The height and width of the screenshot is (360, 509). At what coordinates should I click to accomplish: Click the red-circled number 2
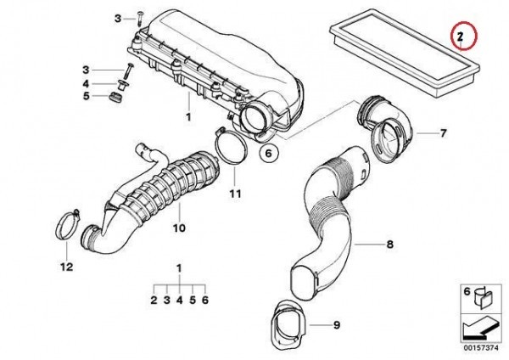click(x=460, y=37)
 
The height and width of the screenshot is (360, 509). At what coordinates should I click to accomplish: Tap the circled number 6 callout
click(x=268, y=153)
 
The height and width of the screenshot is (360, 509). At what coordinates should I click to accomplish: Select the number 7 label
click(x=443, y=133)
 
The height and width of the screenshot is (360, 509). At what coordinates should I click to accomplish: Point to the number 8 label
click(x=389, y=244)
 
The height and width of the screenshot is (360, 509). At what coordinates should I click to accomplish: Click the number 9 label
click(x=337, y=324)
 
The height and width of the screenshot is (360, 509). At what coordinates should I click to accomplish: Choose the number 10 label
click(x=179, y=228)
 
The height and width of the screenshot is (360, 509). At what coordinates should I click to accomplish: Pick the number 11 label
click(x=235, y=194)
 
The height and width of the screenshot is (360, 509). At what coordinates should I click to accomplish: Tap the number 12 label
click(x=67, y=267)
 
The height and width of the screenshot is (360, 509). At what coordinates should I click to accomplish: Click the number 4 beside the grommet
click(x=86, y=84)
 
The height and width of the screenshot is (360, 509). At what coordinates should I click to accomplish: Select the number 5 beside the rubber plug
click(x=86, y=96)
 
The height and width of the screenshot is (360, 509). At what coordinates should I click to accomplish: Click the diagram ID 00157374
click(x=480, y=347)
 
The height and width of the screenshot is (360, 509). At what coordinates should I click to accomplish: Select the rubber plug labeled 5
click(x=115, y=97)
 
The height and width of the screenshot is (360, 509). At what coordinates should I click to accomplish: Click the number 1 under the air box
click(x=188, y=117)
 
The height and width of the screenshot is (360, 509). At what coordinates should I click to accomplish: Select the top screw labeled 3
click(x=140, y=18)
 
